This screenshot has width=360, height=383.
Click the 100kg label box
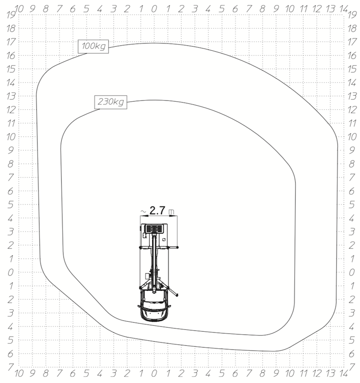click(x=93, y=46)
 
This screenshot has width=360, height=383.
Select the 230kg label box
click(x=111, y=102)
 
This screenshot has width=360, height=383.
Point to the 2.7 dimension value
click(x=157, y=211)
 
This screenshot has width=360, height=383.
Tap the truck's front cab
click(x=154, y=305)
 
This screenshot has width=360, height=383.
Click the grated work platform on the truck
click(x=154, y=229)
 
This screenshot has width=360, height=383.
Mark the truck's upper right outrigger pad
click(x=177, y=247)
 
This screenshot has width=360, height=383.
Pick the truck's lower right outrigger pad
click(x=177, y=295)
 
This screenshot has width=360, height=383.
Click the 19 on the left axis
click(x=11, y=15)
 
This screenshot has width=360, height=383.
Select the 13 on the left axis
click(x=11, y=96)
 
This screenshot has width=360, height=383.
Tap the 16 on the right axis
click(x=352, y=56)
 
